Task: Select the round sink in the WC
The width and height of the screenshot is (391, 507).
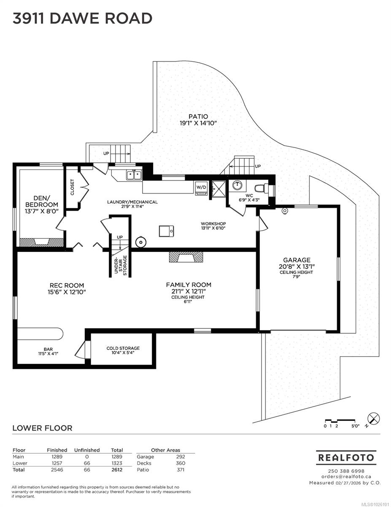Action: pos(237,186)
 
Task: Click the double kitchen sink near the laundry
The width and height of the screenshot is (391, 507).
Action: pos(134,175)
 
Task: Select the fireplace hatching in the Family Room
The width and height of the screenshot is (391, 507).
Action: pos(186,257)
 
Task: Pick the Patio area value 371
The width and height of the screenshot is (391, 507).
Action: pos(181,470)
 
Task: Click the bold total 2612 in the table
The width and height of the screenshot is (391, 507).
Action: pos(117,470)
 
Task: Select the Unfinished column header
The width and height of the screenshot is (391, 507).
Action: pos(87,450)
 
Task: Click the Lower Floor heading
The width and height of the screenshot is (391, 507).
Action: pos(42,428)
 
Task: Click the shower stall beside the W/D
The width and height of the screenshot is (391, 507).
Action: pos(218,189)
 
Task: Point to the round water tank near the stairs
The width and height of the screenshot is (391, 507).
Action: pos(140,242)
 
